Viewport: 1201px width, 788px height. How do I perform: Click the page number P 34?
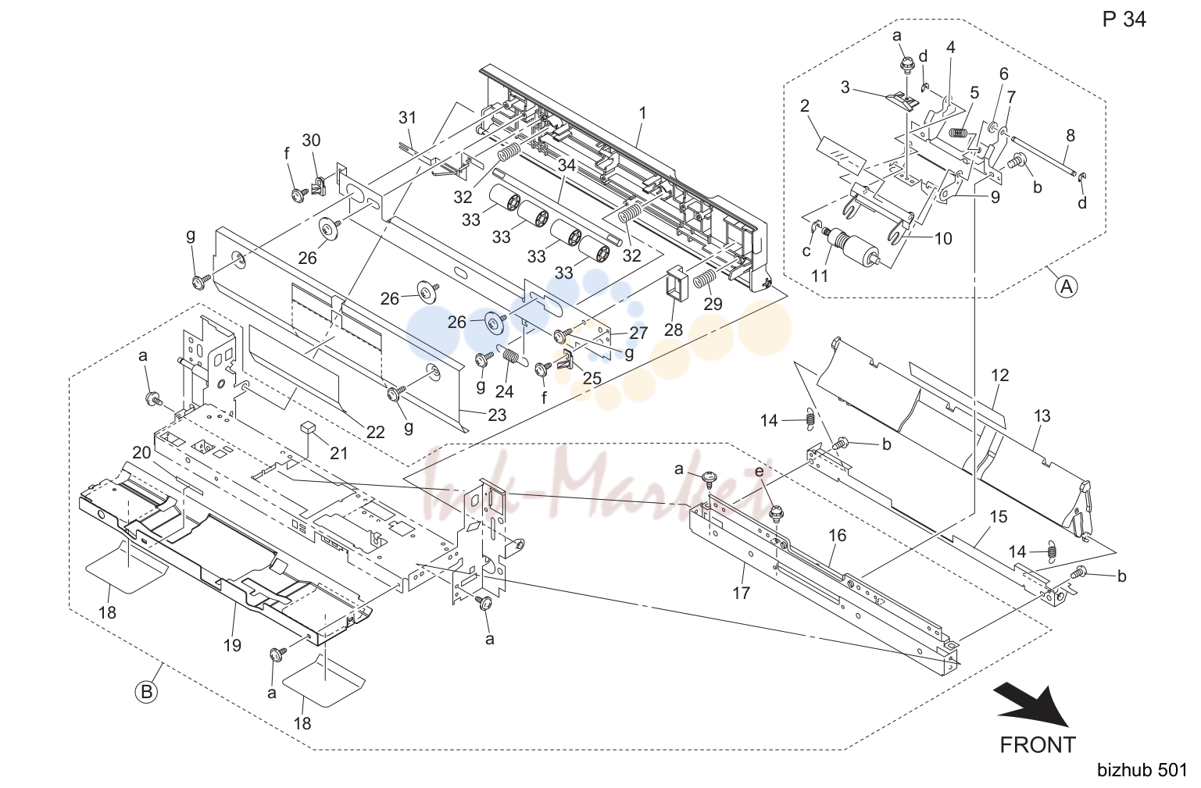click(1124, 20)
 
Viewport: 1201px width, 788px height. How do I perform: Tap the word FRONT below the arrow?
click(1038, 744)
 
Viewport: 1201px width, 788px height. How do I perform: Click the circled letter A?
click(1067, 287)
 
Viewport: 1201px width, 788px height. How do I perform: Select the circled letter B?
click(146, 692)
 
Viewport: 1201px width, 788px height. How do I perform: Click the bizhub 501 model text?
click(1142, 770)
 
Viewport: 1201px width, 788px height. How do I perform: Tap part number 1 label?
click(642, 113)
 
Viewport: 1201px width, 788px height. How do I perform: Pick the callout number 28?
click(674, 330)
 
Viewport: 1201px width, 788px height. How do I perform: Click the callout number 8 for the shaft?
click(1071, 136)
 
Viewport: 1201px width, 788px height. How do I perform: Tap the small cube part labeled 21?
click(308, 426)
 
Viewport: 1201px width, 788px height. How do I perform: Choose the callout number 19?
click(232, 645)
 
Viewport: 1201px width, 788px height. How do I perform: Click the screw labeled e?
click(776, 513)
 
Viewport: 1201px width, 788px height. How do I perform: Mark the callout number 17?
click(742, 593)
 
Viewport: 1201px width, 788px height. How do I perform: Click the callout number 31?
click(407, 117)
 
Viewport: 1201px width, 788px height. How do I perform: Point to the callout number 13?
click(1042, 415)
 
